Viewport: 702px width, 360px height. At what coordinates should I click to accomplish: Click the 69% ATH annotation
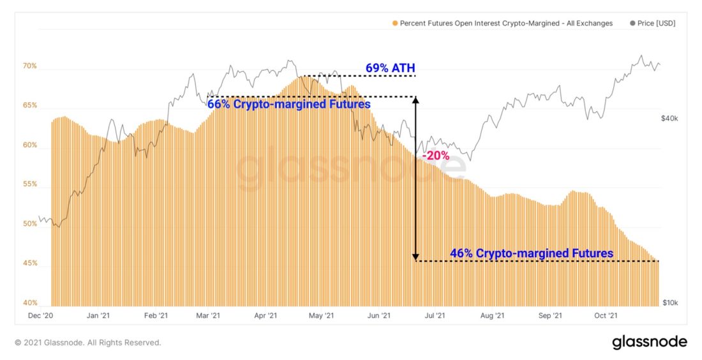pyautogui.click(x=390, y=68)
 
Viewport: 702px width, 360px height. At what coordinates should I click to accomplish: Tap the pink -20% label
pyautogui.click(x=436, y=155)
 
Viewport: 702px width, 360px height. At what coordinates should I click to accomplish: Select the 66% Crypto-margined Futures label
pyautogui.click(x=288, y=104)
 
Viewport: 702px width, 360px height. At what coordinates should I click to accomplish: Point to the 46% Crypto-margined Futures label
pyautogui.click(x=532, y=253)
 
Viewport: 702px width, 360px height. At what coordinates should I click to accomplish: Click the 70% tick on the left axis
pyautogui.click(x=30, y=66)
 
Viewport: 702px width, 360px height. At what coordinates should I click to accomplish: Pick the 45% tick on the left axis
pyautogui.click(x=30, y=264)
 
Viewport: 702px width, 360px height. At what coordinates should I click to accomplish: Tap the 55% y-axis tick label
pyautogui.click(x=30, y=184)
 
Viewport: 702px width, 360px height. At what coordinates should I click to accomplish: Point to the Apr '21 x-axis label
pyautogui.click(x=265, y=315)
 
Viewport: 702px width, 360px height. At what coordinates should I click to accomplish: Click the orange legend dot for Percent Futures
pyautogui.click(x=395, y=24)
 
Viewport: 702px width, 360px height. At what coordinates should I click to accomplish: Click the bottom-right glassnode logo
pyautogui.click(x=649, y=341)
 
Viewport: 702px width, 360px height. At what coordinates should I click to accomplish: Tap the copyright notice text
pyautogui.click(x=88, y=343)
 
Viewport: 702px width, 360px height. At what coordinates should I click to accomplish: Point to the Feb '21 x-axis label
pyautogui.click(x=155, y=315)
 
